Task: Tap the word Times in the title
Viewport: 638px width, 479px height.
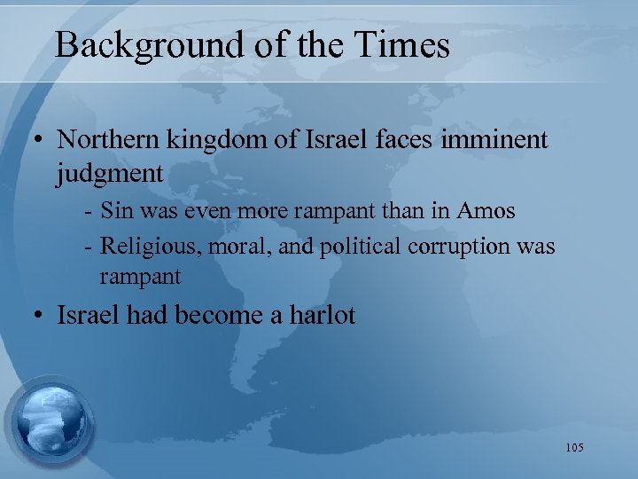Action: click(x=407, y=44)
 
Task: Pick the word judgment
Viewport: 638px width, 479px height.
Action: click(x=110, y=174)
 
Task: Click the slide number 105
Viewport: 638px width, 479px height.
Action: click(x=573, y=448)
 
